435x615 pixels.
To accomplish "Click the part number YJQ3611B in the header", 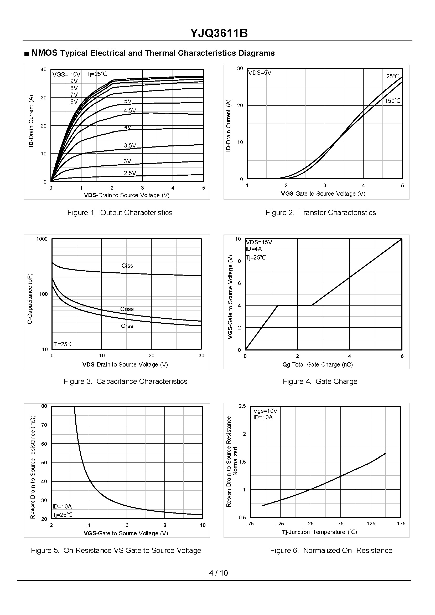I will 219,33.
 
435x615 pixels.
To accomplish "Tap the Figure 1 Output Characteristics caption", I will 120,213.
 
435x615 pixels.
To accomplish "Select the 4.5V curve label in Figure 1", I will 130,110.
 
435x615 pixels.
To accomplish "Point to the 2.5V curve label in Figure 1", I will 130,173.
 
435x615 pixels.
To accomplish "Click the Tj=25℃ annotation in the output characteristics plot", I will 97,74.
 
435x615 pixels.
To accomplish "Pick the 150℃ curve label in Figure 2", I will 392,101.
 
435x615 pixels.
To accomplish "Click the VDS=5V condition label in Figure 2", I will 260,73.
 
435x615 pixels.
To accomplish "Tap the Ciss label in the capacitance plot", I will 127,266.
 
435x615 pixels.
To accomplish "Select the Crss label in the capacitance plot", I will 127,326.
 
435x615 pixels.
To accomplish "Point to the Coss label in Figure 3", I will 127,309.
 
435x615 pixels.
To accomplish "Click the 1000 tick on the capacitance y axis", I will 42,239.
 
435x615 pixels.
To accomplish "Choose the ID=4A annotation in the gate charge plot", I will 254,249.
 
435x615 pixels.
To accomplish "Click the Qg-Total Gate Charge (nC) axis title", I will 317,364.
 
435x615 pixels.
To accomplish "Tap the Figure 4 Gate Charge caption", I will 320,381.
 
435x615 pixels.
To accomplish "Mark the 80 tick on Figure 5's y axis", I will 44,406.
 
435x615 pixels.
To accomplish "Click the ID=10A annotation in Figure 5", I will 62,506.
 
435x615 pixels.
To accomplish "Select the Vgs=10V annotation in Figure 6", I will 265,411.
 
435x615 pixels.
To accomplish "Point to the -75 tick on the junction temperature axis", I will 250,523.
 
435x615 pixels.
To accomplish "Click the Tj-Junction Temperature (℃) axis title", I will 319,532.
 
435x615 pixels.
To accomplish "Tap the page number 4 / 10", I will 218,573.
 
